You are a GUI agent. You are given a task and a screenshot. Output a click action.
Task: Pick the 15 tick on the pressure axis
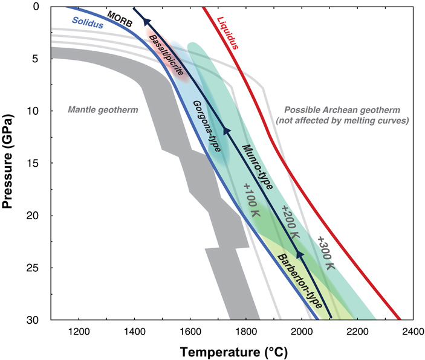tap(37, 164)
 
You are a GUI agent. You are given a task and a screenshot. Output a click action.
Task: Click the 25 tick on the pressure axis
tap(37, 268)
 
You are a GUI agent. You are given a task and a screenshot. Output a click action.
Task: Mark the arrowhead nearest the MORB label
tap(146, 22)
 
